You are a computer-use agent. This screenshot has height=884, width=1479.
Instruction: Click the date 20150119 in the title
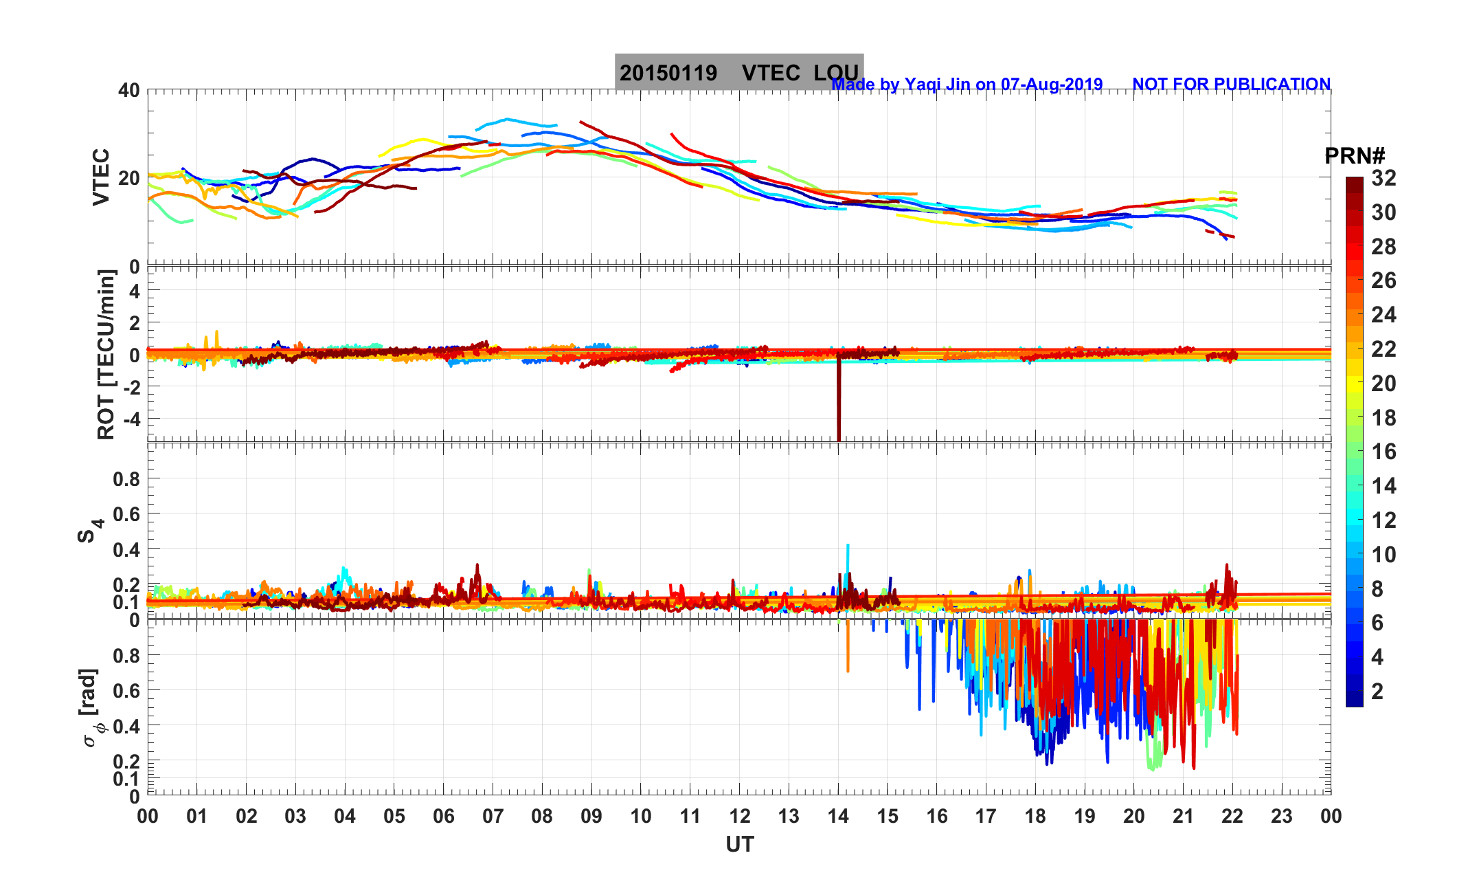click(x=668, y=73)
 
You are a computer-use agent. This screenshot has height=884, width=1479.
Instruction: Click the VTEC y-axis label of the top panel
click(x=101, y=177)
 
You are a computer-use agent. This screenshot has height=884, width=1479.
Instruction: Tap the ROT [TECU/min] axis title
click(x=106, y=354)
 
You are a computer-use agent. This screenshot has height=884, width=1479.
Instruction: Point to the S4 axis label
click(x=90, y=531)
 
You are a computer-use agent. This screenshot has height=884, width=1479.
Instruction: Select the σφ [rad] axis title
click(x=92, y=708)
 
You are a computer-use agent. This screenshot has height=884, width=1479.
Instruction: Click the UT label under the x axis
click(x=740, y=845)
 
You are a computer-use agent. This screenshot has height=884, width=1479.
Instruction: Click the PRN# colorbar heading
click(x=1354, y=156)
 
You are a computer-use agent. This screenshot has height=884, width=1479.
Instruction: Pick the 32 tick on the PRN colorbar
click(x=1384, y=178)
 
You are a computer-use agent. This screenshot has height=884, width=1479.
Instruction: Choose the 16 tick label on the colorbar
click(x=1384, y=452)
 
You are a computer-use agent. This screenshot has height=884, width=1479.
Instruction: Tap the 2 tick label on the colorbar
click(x=1377, y=691)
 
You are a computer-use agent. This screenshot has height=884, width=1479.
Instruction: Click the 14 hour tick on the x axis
click(x=838, y=817)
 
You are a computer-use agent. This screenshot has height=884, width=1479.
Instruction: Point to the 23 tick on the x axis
click(x=1281, y=817)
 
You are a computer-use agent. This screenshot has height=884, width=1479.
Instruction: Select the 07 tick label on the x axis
click(x=493, y=817)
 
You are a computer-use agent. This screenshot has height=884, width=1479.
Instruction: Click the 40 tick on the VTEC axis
click(x=128, y=90)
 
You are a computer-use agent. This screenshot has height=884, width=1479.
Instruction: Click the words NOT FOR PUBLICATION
click(x=1231, y=85)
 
